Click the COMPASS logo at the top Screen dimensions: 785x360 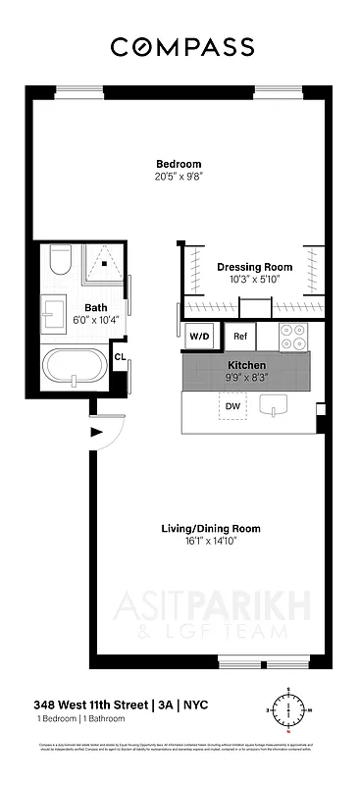tap(181, 46)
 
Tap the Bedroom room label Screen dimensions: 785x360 tap(179, 164)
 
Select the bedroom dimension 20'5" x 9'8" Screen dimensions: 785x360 tap(179, 177)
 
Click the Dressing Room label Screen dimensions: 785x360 tap(254, 267)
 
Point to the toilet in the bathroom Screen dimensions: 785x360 tap(60, 260)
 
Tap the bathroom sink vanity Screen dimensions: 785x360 tap(55, 314)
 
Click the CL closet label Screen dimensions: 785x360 tap(120, 357)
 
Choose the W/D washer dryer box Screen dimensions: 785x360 tap(199, 337)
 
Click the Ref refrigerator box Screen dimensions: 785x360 tap(240, 337)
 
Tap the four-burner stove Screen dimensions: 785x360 tap(292, 337)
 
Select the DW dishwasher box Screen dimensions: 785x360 tap(232, 405)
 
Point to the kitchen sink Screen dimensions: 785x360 tap(275, 405)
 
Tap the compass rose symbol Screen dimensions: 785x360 tap(287, 709)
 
